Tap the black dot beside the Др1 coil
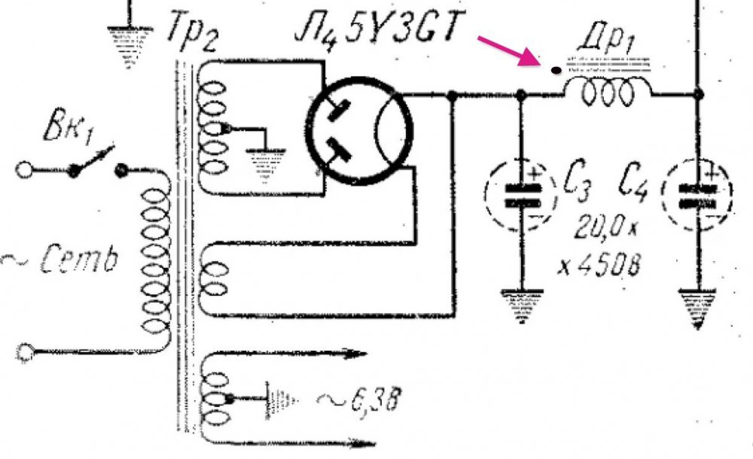click(x=556, y=71)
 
